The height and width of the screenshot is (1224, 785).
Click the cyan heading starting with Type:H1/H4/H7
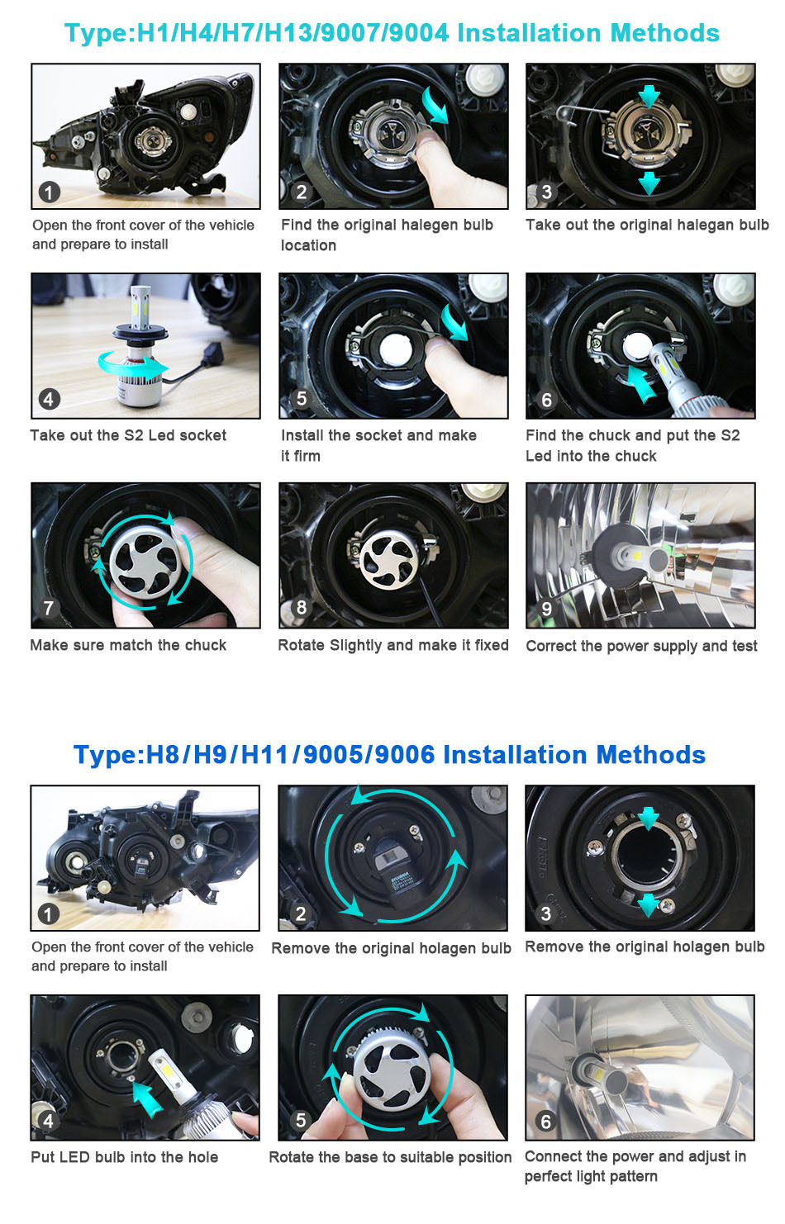[392, 33]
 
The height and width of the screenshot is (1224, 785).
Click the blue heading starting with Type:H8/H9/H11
[390, 755]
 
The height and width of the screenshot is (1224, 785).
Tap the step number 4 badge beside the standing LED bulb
[49, 400]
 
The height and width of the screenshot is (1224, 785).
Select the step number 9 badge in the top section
[546, 609]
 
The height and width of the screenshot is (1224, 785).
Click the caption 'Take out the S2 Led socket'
[128, 435]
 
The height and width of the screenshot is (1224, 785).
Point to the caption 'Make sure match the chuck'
[128, 645]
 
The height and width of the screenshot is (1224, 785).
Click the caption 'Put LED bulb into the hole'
[125, 1157]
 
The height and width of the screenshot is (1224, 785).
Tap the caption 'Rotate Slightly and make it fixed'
[393, 645]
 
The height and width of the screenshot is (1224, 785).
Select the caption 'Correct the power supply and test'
[642, 647]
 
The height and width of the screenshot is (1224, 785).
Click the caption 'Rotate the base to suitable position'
[390, 1157]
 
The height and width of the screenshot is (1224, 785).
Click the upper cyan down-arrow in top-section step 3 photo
[649, 96]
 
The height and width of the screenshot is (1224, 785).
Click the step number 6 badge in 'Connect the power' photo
[545, 1122]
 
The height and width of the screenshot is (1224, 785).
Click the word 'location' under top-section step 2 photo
[308, 245]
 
